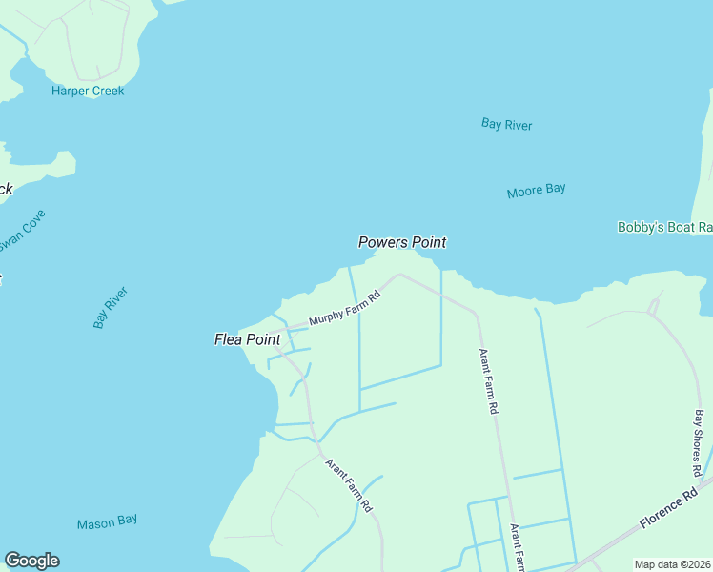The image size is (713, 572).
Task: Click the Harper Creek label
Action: click(x=88, y=92)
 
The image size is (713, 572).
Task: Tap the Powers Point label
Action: click(x=401, y=242)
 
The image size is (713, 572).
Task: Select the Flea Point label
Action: click(x=247, y=338)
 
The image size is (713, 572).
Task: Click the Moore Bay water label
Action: click(x=536, y=191)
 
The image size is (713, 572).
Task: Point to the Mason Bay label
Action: click(x=107, y=521)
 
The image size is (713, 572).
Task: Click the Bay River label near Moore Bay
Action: click(x=506, y=125)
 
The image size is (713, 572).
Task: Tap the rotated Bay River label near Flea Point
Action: click(x=111, y=308)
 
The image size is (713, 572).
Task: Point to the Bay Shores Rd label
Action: click(x=699, y=443)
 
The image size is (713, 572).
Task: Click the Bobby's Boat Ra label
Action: click(x=664, y=227)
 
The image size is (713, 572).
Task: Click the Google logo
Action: click(x=31, y=561)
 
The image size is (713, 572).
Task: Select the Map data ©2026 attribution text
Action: click(x=673, y=564)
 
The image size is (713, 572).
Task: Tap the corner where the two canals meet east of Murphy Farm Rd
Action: click(x=440, y=365)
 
